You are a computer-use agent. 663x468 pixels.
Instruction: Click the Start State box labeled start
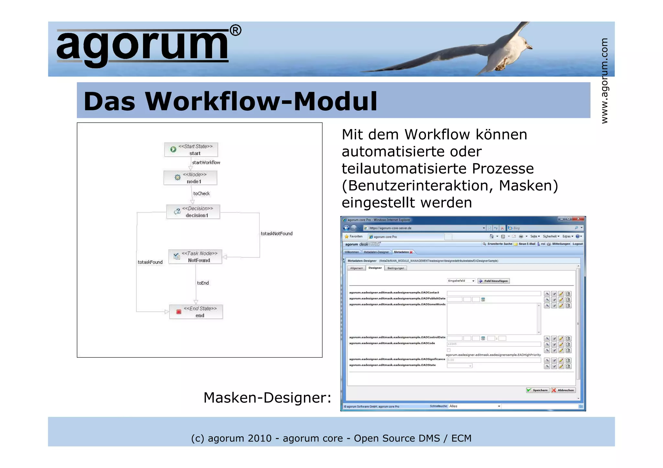191,150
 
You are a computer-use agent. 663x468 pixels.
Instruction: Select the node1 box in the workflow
190,178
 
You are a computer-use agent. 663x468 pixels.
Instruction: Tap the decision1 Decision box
193,212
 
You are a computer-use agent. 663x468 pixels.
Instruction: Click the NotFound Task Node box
195,257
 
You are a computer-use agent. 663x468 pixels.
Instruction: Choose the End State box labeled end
196,312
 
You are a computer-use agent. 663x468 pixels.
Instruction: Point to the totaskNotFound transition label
276,234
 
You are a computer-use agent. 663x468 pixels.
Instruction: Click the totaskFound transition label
150,262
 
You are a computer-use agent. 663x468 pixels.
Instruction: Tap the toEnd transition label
203,283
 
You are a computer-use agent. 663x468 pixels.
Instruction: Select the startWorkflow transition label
206,162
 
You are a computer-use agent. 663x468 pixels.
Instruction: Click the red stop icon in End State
179,312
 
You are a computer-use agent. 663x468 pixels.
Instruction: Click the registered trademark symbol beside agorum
235,31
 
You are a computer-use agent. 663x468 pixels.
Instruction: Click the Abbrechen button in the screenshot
563,390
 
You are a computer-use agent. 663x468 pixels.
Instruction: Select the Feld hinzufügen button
494,281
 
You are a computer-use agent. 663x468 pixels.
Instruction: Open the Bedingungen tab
396,268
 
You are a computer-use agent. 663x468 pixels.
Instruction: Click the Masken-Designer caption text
267,397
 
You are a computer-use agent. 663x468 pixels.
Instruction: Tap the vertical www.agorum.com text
604,81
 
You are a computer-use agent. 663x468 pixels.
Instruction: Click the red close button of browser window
578,219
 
